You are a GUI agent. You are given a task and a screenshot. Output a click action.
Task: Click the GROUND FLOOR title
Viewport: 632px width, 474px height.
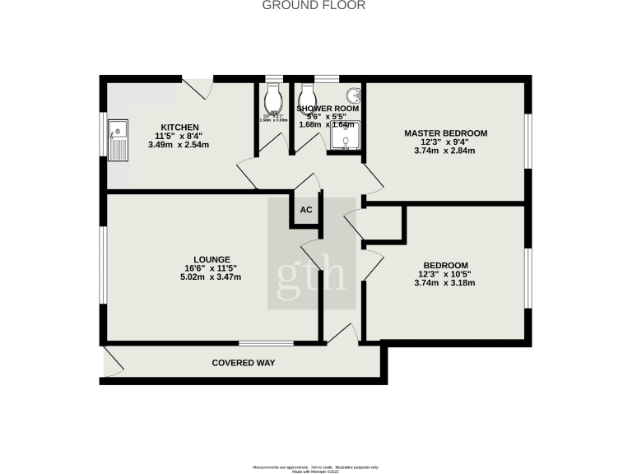point(314,6)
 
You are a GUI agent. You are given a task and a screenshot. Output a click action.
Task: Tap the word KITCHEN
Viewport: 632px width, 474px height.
point(179,127)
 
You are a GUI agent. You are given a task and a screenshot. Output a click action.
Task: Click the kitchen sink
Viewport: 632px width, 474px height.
point(118,138)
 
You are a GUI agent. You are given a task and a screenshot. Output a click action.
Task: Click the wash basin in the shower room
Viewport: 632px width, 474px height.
point(353,95)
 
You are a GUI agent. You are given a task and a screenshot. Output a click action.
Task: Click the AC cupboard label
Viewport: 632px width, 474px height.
point(305,210)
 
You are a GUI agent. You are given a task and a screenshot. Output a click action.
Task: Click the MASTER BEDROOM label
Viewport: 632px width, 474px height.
point(445,132)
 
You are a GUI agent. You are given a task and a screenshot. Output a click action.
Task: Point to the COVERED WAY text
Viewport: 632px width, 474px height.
point(243,363)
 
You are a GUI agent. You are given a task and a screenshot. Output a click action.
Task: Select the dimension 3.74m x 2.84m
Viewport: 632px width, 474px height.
point(445,151)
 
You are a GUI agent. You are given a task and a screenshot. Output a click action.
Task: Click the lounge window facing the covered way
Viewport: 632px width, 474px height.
point(267,342)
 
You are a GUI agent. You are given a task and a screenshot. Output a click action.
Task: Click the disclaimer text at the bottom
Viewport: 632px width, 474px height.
point(315,466)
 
